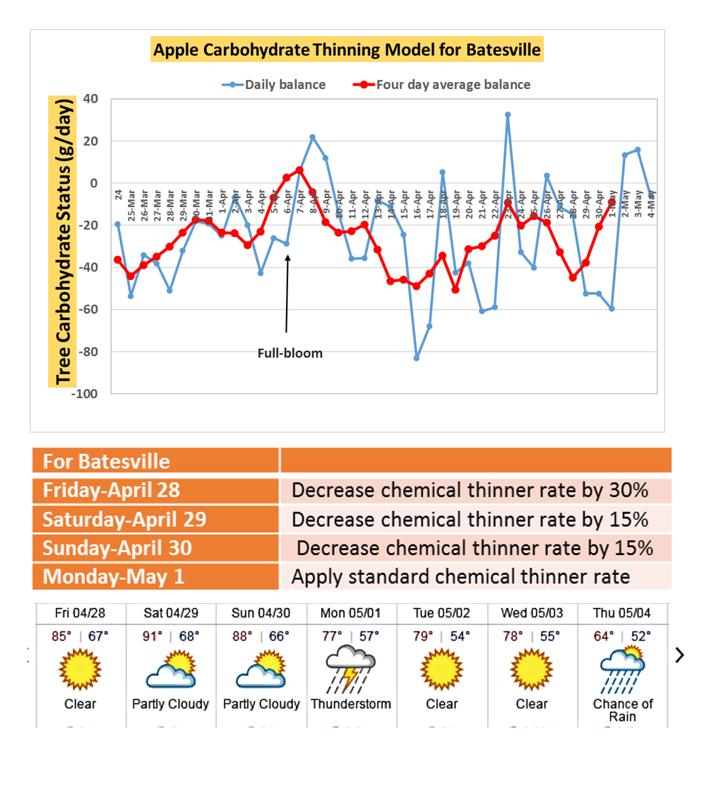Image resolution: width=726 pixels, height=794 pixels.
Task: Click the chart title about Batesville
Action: coord(347,50)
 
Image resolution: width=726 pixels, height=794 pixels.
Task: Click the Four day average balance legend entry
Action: coord(453,85)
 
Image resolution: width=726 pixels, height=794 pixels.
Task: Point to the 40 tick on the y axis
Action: coord(90,99)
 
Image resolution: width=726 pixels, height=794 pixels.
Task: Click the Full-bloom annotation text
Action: coord(290,353)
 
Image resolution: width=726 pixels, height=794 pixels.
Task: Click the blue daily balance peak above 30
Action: coord(508,115)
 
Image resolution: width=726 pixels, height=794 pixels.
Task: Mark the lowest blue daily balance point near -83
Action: coord(417,358)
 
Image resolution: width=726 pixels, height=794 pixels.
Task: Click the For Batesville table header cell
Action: coord(107,462)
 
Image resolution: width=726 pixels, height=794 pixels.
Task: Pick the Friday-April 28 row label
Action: coord(111,489)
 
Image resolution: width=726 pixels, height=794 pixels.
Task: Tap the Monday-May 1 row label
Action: coord(114,576)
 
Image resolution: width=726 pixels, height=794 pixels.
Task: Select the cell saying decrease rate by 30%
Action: coord(470,490)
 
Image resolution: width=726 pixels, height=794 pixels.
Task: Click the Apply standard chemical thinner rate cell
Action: coord(460,576)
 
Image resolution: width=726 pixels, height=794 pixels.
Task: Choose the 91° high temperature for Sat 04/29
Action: coord(153,636)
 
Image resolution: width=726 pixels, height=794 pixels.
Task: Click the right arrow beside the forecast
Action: coord(680,655)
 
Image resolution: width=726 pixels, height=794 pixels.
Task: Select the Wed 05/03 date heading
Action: coord(531,612)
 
